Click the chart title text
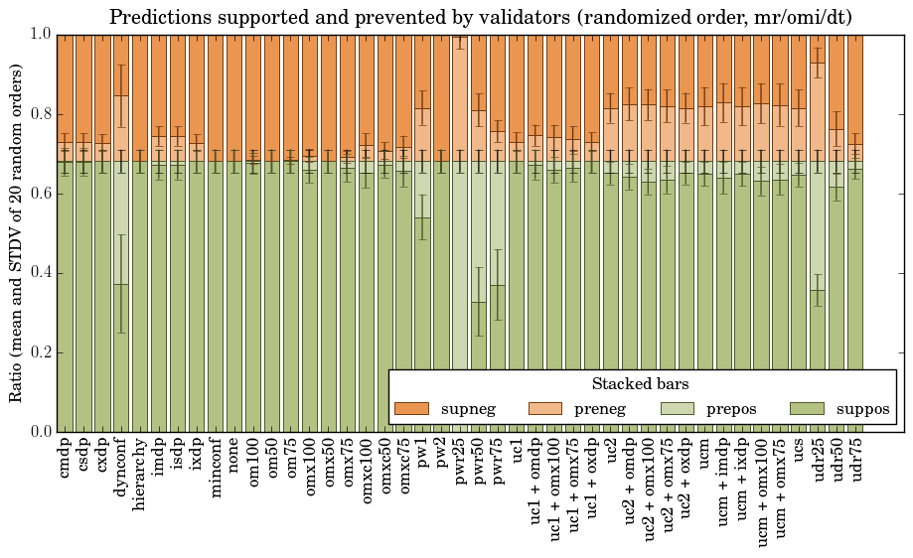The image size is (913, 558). click(x=480, y=17)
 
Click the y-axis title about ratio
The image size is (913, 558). click(x=16, y=232)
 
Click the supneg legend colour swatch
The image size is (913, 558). click(x=411, y=409)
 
